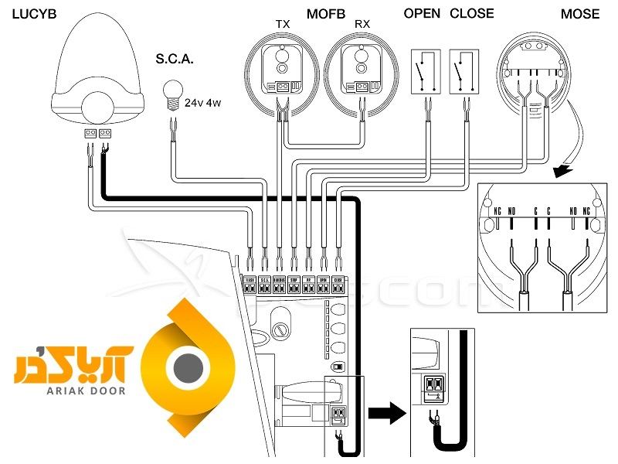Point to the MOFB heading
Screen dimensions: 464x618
324,14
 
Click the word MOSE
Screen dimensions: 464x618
580,14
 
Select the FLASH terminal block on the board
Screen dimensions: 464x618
250,285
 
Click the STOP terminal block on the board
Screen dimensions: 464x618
294,285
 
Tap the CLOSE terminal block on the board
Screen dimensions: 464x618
338,285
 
